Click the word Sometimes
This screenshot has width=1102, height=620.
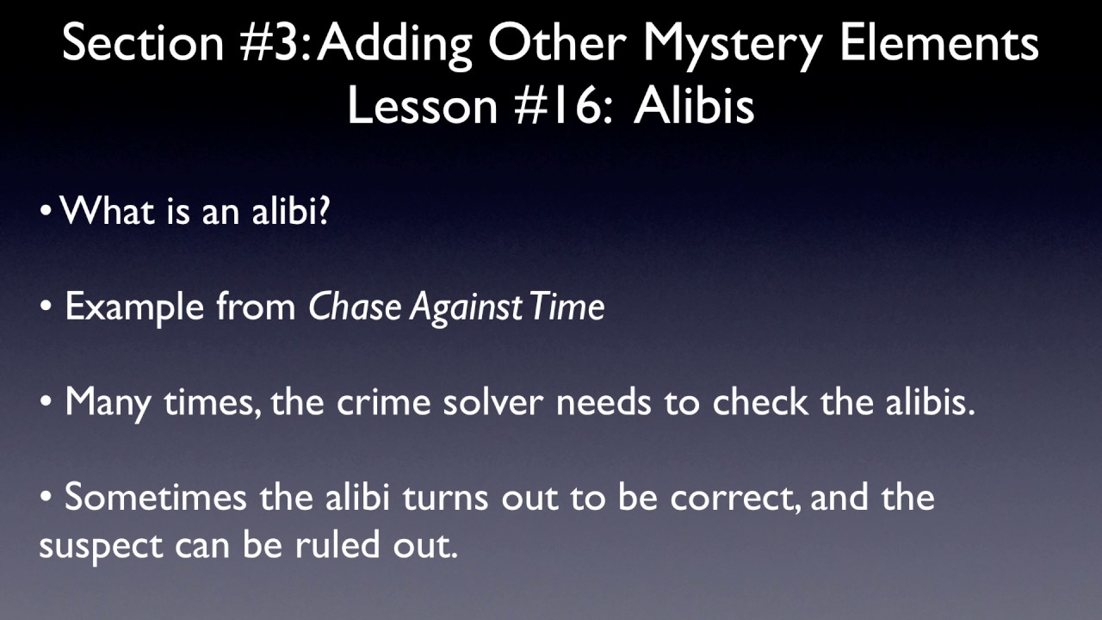(157, 498)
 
